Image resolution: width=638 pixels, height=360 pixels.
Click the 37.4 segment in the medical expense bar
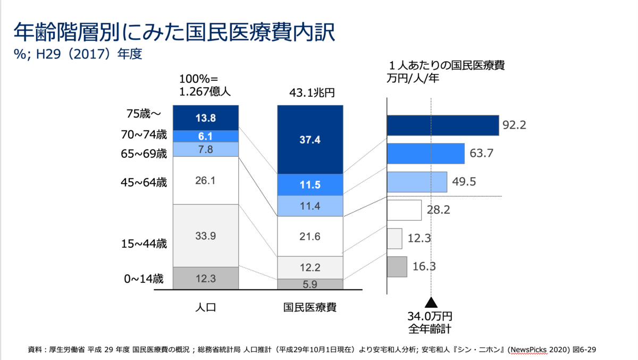(x=310, y=139)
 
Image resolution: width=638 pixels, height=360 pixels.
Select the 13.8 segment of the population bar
(x=205, y=118)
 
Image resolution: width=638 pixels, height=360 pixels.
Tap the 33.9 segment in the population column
(x=205, y=236)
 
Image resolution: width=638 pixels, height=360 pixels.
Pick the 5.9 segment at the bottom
(x=310, y=284)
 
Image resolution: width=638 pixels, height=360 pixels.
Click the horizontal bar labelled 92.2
(x=442, y=125)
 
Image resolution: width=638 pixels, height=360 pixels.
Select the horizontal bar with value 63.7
(x=425, y=154)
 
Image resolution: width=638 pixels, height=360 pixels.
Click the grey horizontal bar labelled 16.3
(x=397, y=266)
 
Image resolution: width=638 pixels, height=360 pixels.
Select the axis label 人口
(x=205, y=307)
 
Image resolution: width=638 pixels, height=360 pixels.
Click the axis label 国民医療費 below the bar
(x=310, y=307)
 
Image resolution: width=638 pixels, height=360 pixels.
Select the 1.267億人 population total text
(x=205, y=91)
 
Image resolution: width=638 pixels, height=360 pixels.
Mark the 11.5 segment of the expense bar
(x=310, y=185)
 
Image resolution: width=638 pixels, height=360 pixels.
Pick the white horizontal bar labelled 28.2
(x=404, y=210)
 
